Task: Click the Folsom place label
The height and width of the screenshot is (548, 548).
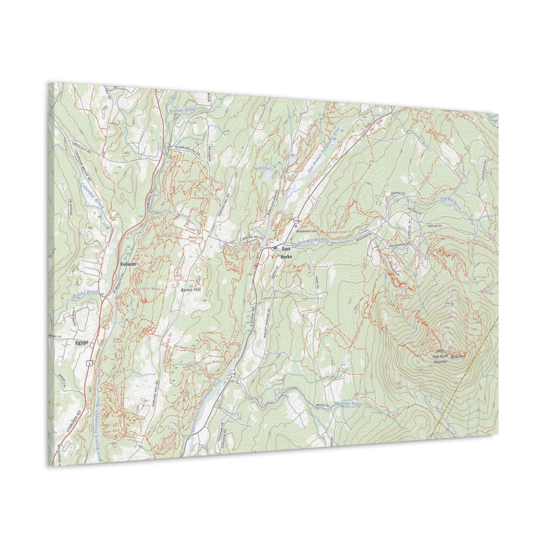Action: [x=128, y=264]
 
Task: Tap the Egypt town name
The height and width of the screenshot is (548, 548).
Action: [x=82, y=342]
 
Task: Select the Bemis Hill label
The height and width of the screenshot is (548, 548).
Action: [x=191, y=290]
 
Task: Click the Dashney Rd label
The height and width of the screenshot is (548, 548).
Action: [x=397, y=193]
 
